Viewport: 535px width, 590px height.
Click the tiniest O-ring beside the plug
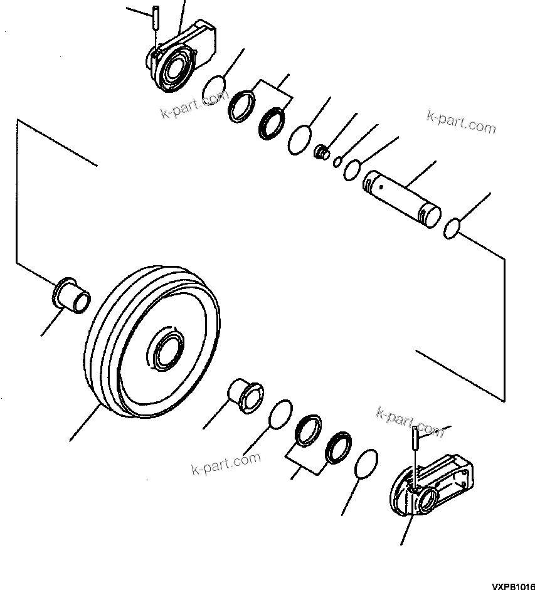[337, 162]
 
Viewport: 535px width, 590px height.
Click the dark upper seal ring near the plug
[272, 122]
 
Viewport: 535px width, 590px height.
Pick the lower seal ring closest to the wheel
[308, 430]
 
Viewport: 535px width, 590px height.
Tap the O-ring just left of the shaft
[351, 169]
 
